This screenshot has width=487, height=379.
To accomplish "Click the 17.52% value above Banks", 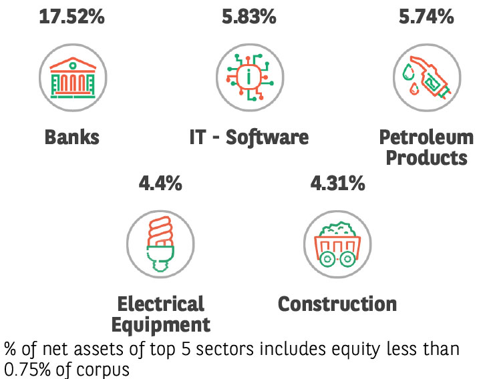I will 71,17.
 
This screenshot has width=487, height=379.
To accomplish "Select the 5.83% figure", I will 249,17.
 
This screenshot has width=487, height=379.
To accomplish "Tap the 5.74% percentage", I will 426,17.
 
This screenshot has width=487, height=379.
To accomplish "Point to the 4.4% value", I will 160,183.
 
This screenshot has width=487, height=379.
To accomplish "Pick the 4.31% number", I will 337,183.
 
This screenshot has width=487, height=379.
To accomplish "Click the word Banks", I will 72,137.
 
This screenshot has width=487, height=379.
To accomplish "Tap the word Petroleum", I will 426,137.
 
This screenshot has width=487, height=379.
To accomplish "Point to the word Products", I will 426,158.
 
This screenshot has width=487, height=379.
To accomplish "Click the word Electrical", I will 160,304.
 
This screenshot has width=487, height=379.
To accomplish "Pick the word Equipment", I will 160,325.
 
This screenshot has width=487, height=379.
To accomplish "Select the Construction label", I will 337,304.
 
